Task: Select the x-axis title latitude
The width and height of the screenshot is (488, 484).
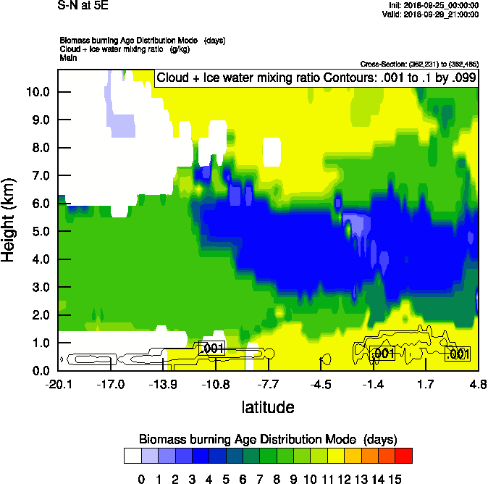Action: coord(268,407)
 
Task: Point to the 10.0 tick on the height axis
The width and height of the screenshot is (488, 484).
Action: coord(38,92)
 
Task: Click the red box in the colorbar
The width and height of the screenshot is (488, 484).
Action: coord(404,456)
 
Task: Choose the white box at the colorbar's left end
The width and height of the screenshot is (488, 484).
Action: coord(132,456)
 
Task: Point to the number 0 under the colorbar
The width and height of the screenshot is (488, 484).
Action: coord(141,479)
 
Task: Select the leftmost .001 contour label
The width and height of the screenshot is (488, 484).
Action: coord(211,349)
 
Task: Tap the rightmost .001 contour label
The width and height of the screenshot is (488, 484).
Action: coord(458,354)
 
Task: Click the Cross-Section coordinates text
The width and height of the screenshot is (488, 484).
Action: coord(418,64)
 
